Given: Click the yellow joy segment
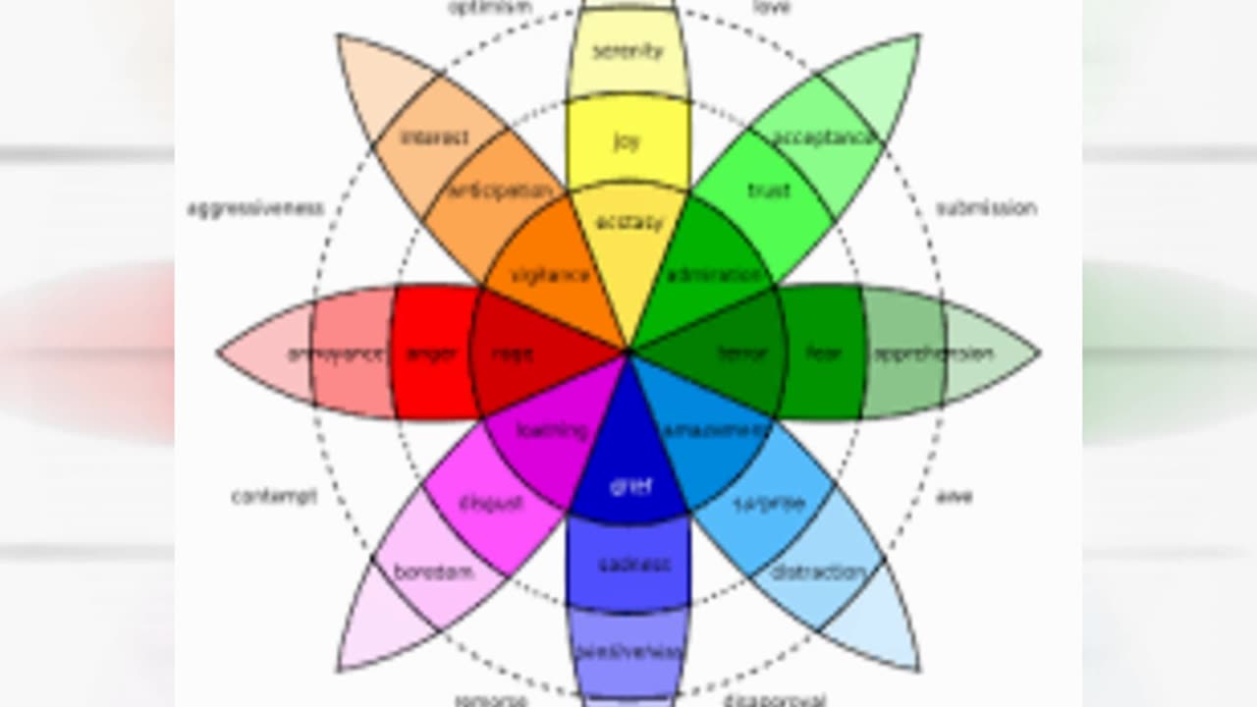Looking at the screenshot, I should point(628,141).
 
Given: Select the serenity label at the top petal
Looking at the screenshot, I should point(628,51).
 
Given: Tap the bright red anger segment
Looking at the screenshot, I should point(432,353).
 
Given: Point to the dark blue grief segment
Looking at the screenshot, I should point(629,485).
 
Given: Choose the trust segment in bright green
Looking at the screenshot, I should point(769,190).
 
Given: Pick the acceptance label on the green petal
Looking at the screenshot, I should point(823,137).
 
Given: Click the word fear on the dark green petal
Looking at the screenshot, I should point(823,353).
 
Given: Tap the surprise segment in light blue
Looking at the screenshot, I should point(769,504).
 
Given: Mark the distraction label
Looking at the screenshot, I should point(818,571).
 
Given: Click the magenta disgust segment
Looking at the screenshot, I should point(490,504).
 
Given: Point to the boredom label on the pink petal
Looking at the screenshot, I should point(433,571).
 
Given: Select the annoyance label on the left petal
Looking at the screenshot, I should point(336,353).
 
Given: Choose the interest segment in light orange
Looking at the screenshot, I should point(435,137).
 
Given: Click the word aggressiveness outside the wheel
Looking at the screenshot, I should point(255,209).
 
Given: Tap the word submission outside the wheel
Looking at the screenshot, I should point(986,208).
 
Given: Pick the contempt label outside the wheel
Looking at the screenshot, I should point(274,497).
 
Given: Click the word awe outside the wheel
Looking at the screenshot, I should point(954,497).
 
